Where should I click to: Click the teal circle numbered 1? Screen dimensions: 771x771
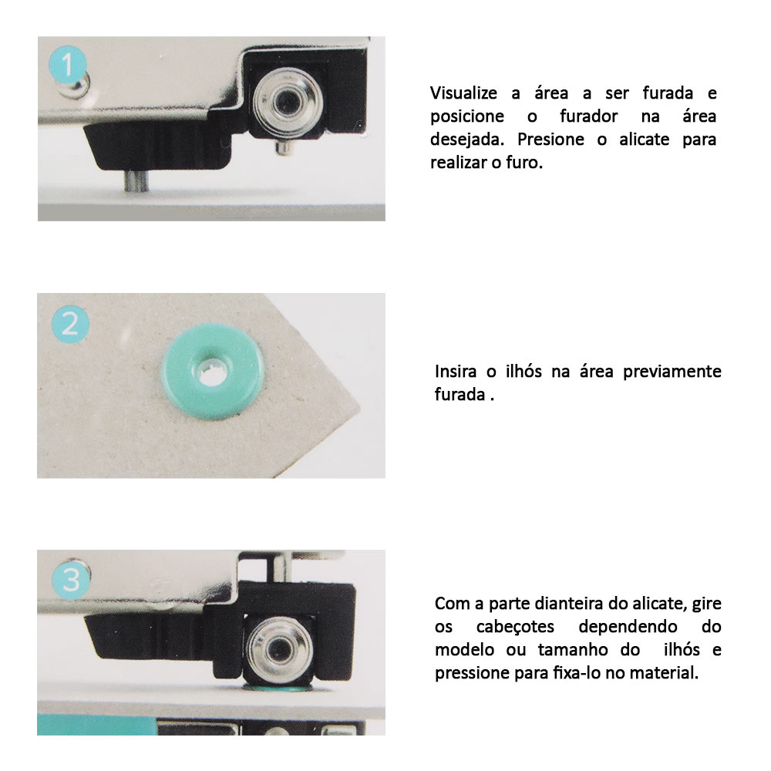click(x=68, y=65)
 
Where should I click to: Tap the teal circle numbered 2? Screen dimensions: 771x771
click(x=70, y=324)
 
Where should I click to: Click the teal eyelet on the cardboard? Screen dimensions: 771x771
click(x=213, y=372)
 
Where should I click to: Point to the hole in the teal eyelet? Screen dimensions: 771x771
click(x=213, y=372)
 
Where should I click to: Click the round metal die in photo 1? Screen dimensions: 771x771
click(x=288, y=102)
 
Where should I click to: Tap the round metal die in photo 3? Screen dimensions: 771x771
click(x=279, y=651)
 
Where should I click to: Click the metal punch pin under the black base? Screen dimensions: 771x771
click(x=136, y=180)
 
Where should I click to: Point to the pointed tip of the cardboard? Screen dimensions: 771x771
click(x=360, y=408)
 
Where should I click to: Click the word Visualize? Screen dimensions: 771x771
click(x=463, y=93)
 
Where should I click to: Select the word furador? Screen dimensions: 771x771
click(x=588, y=116)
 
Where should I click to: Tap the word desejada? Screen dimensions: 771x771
click(x=467, y=140)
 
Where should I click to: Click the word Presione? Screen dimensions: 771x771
click(x=550, y=139)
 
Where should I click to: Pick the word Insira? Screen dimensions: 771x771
click(x=456, y=372)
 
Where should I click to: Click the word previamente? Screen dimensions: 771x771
click(x=672, y=372)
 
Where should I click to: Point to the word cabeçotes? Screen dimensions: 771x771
click(x=515, y=627)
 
